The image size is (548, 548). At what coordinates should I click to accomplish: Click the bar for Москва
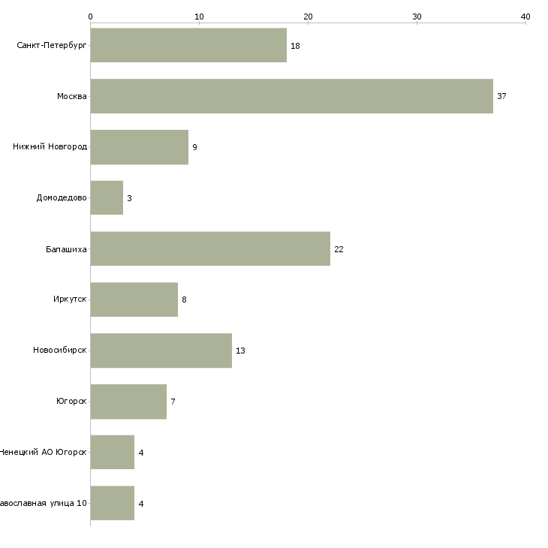click(x=291, y=96)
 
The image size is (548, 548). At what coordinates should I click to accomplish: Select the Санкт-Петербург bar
click(x=188, y=46)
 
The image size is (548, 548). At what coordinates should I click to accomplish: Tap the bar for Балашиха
click(x=210, y=248)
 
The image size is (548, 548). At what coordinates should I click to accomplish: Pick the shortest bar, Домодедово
click(x=107, y=197)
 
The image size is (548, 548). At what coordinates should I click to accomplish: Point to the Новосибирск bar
click(x=161, y=351)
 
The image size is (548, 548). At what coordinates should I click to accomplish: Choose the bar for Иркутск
click(x=134, y=300)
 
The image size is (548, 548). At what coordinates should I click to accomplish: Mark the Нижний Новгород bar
click(x=139, y=147)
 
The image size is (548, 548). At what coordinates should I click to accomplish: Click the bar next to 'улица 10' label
click(x=113, y=503)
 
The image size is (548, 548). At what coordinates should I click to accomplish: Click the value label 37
click(x=502, y=97)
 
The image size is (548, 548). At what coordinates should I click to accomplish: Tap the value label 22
click(x=339, y=249)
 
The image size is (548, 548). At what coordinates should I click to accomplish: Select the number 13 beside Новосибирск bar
click(x=240, y=351)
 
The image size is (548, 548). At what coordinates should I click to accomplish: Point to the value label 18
click(x=295, y=46)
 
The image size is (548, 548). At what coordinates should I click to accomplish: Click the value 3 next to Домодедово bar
click(x=129, y=198)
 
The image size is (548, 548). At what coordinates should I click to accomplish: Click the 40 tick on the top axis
click(x=525, y=17)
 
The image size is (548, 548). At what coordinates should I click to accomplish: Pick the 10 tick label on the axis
click(x=199, y=17)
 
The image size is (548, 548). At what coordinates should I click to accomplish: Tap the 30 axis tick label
click(x=417, y=17)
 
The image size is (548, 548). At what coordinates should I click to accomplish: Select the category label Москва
click(x=72, y=97)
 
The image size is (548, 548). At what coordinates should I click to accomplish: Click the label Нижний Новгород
click(x=50, y=147)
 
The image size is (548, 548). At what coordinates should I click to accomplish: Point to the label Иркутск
click(x=70, y=300)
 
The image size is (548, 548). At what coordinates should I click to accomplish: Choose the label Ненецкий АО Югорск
click(x=43, y=453)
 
